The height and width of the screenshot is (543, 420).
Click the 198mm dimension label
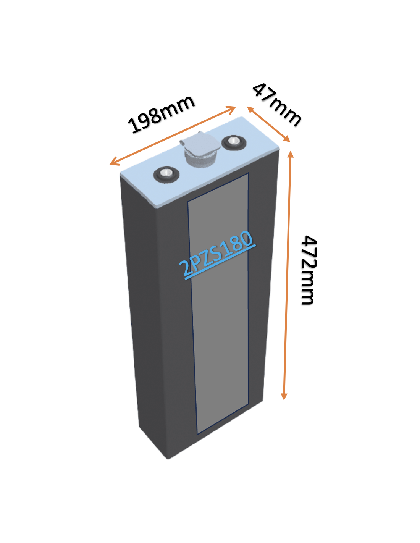pyautogui.click(x=161, y=114)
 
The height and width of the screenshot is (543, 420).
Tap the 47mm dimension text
pyautogui.click(x=277, y=105)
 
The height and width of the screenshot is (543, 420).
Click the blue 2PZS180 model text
pyautogui.click(x=217, y=254)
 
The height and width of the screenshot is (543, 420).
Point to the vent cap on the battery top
pyautogui.click(x=200, y=149)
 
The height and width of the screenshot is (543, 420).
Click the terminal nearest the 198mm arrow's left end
pyautogui.click(x=166, y=174)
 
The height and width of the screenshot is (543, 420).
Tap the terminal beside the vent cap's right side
pyautogui.click(x=234, y=142)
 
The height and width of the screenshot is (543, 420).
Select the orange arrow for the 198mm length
pyautogui.click(x=173, y=136)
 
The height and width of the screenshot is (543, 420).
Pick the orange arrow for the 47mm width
pyautogui.click(x=268, y=124)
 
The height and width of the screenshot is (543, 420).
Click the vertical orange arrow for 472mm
pyautogui.click(x=287, y=275)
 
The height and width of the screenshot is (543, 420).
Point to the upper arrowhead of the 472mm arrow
pyautogui.click(x=290, y=154)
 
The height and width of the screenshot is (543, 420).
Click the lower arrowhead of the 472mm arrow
pyautogui.click(x=284, y=397)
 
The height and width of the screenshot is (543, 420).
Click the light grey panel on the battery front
pyautogui.click(x=218, y=304)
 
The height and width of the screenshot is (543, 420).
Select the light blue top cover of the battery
pyautogui.click(x=200, y=162)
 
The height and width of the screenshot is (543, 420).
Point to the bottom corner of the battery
pyautogui.click(x=168, y=459)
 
